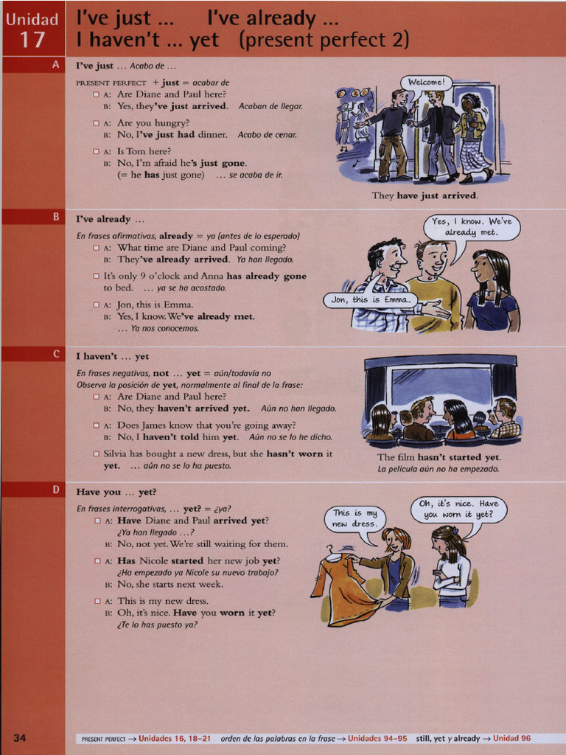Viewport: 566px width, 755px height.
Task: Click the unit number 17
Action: pos(32,39)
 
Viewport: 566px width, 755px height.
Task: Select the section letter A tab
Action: pos(55,65)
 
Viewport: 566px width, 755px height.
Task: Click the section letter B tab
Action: pos(55,217)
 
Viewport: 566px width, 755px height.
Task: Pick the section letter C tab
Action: pos(55,355)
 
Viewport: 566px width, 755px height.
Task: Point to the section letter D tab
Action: pos(55,490)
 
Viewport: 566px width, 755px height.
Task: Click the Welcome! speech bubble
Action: pos(426,82)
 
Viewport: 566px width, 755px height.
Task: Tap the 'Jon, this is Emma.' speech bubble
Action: pos(369,300)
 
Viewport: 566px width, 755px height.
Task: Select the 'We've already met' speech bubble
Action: pos(472,227)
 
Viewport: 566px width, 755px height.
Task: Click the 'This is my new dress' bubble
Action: pos(354,518)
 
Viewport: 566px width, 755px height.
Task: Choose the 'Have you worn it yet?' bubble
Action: pos(458,509)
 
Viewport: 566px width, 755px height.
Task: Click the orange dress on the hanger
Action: pos(345,590)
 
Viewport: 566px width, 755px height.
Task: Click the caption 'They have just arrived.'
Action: pos(424,195)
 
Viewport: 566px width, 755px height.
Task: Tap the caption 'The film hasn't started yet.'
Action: pos(439,457)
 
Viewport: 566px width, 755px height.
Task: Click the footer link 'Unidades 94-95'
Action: pos(377,738)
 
